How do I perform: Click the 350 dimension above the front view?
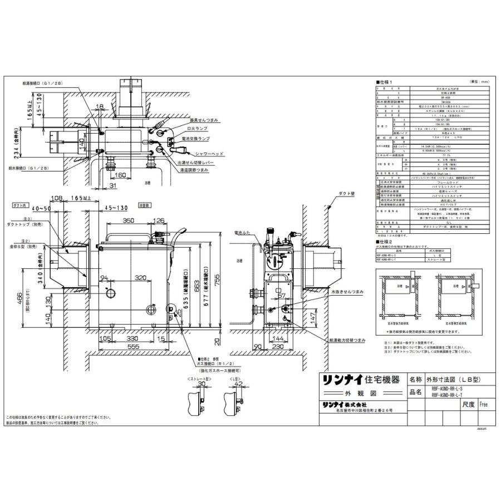coord(129,222)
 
